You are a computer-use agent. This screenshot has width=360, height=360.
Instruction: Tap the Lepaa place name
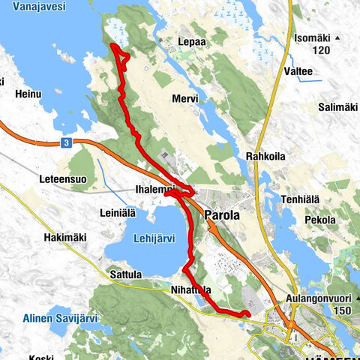point(192,42)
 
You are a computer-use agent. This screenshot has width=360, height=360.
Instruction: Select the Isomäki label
point(310,37)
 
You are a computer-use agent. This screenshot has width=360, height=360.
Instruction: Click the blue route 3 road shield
point(67,142)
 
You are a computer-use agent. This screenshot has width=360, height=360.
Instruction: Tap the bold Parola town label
point(222,215)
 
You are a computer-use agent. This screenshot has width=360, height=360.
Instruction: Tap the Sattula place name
point(124,275)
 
